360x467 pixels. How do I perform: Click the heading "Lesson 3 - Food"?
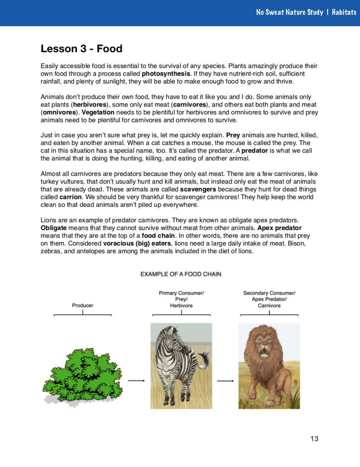point(82,49)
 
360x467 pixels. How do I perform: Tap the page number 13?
point(314,438)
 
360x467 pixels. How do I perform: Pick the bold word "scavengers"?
point(198,189)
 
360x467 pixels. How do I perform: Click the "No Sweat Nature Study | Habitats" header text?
point(306,12)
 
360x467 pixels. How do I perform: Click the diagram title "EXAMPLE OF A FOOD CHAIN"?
point(181,274)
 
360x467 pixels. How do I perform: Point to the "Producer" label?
point(83,305)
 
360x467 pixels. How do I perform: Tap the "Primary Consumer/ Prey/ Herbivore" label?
point(181,299)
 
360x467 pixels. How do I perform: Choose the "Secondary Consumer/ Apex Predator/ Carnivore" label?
point(269,299)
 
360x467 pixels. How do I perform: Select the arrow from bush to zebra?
point(136,381)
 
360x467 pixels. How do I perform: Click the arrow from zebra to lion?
point(226,381)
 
